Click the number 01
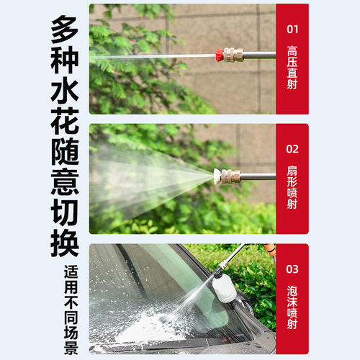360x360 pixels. [292, 31]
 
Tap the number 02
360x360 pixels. [292, 150]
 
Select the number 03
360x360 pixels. [292, 269]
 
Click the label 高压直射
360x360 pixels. [292, 68]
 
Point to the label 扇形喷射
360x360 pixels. [292, 187]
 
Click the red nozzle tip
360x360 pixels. [217, 54]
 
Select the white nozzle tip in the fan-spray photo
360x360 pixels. [216, 174]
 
